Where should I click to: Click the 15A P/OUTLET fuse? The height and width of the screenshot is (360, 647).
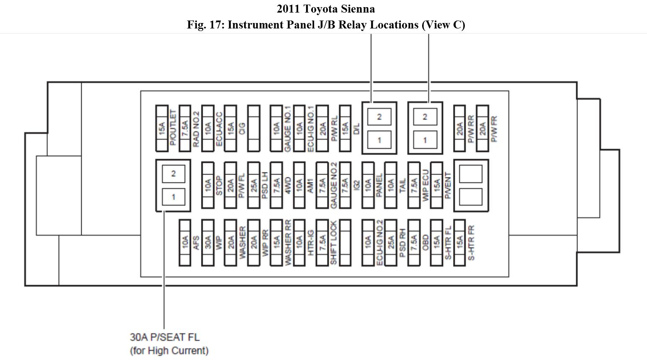coord(162,128)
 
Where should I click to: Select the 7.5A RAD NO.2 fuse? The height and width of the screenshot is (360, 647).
coord(185,128)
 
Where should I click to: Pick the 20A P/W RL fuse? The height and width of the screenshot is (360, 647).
coord(322,128)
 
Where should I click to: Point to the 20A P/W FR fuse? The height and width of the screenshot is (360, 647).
coord(482,128)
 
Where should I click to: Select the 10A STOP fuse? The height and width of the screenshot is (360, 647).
coord(208,185)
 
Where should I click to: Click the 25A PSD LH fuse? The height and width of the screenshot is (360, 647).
coord(253,185)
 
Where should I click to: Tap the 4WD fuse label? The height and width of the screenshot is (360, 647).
coord(288,185)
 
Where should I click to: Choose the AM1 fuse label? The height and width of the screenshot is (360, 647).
coord(310,185)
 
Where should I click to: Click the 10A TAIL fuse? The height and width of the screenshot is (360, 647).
coord(391,185)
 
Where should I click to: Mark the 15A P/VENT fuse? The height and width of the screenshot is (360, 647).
coord(436,185)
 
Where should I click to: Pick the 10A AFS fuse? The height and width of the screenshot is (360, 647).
coord(185,242)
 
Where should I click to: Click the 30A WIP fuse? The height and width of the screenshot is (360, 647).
coord(208,242)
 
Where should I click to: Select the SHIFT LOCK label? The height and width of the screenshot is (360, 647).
coord(333,242)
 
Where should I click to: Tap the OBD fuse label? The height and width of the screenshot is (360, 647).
coord(425,242)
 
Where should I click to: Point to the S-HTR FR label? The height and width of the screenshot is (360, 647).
coord(471,242)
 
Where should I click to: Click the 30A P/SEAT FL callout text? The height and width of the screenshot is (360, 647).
coord(165,337)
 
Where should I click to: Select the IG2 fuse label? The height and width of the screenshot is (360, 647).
coord(356,185)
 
